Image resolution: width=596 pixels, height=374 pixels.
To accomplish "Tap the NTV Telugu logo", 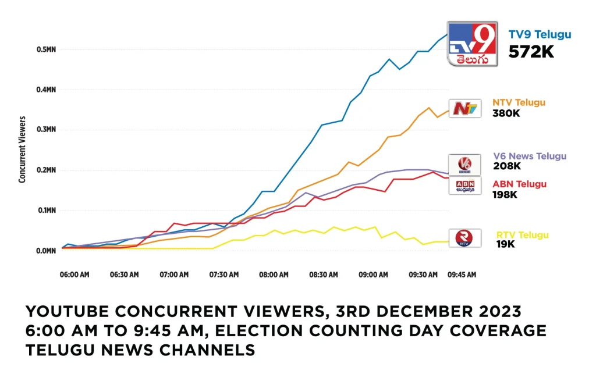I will [x=464, y=108].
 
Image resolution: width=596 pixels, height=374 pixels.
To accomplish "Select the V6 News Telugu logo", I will [x=464, y=163].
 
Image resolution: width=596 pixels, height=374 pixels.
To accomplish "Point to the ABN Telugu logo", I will [x=464, y=185].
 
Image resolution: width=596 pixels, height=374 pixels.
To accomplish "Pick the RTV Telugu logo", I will [x=464, y=238].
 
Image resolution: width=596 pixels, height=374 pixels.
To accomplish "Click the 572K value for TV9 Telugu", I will [x=531, y=52].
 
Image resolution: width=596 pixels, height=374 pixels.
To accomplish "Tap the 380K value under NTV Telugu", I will [x=506, y=113].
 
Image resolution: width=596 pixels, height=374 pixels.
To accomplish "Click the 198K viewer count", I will [x=505, y=194].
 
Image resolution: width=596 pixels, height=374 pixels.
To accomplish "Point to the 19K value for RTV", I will [x=505, y=245].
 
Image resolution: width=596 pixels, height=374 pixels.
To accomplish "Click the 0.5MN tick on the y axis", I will [x=46, y=49].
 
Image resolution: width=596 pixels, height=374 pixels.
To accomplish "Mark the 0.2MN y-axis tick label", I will [x=46, y=170].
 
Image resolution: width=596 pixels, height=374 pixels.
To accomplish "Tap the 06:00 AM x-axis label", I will [x=75, y=275].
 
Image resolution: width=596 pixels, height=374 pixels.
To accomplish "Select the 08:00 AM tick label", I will [x=274, y=275].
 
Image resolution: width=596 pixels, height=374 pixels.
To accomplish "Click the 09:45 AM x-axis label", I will [x=462, y=275].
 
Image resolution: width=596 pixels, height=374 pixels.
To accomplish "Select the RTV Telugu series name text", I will [x=522, y=235].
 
